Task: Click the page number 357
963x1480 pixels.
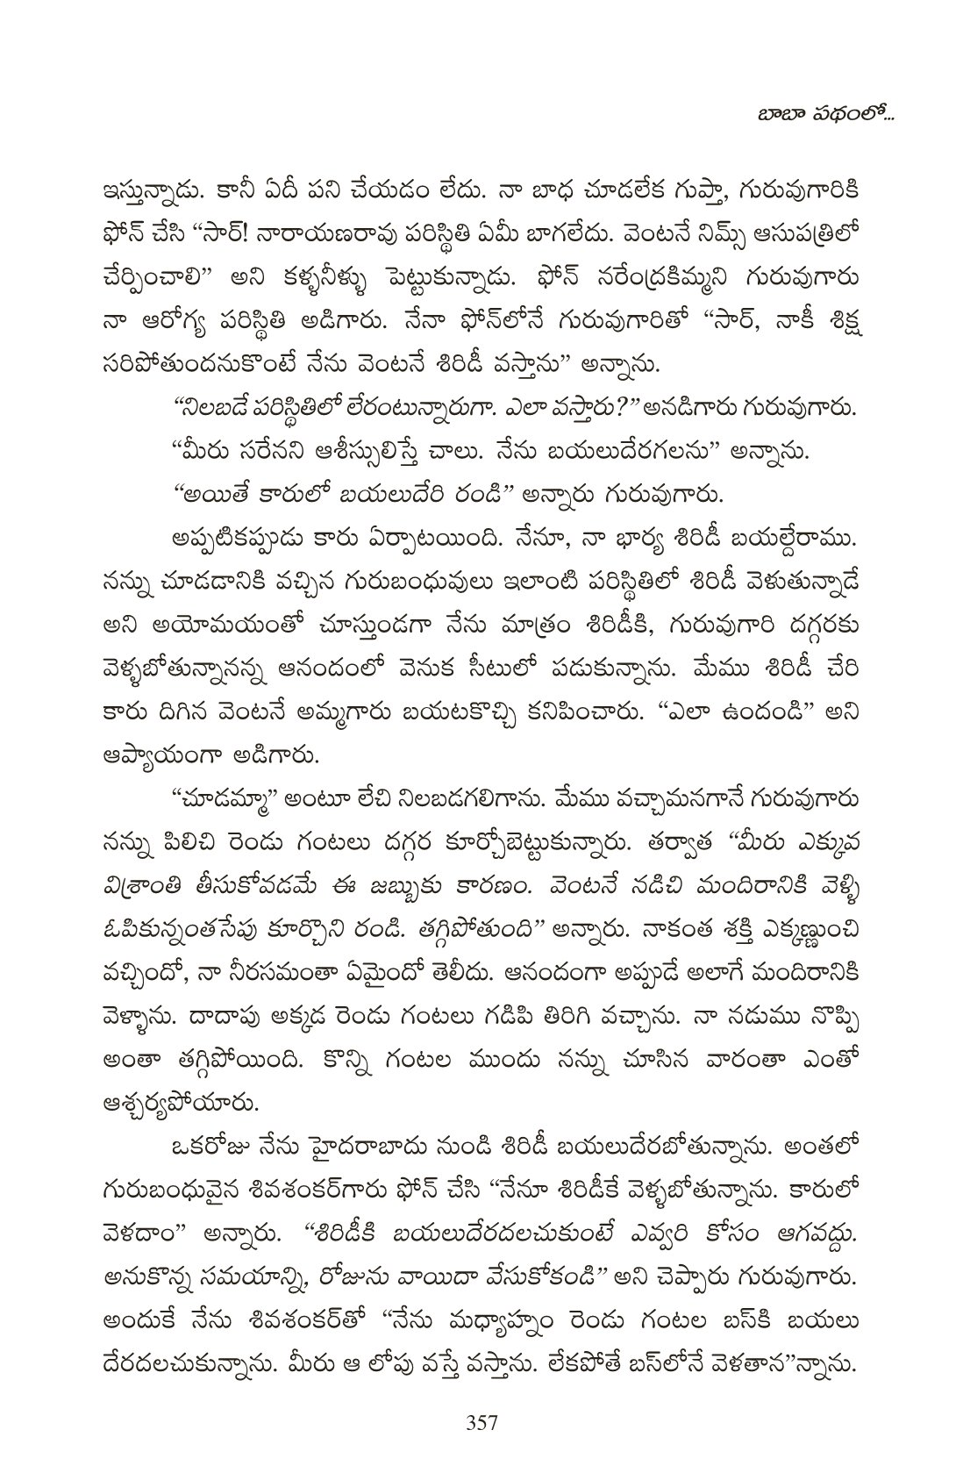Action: pyautogui.click(x=481, y=1421)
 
